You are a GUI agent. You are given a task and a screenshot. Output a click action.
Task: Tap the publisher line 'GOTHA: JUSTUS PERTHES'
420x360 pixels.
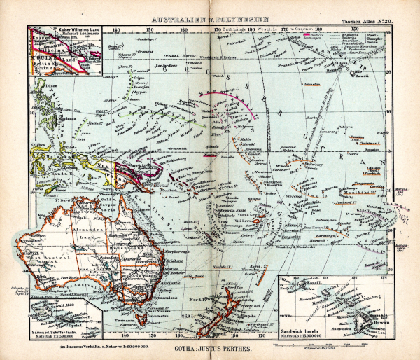(x=210, y=347)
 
